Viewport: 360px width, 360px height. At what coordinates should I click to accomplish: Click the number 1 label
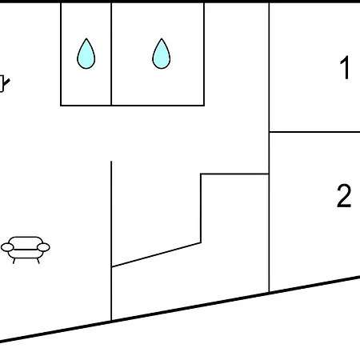345,67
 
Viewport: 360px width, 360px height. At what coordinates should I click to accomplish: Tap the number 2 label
344,195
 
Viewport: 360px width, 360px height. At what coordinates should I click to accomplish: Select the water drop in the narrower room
86,54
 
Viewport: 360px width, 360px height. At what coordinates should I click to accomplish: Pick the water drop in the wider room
162,54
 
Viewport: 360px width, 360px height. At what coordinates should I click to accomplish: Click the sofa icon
26,250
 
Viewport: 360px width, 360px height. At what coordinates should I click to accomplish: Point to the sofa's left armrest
7,247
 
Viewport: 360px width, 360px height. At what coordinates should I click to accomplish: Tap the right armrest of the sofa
43,247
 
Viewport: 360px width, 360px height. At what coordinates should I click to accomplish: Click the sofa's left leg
14,261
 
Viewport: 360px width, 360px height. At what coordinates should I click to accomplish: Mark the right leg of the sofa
38,261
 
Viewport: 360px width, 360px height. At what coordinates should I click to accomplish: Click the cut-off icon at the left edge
3,83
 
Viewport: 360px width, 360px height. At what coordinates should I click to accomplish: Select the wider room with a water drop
158,86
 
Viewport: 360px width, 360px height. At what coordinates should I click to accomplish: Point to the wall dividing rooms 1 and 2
314,132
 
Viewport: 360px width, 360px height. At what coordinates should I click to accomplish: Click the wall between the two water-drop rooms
111,54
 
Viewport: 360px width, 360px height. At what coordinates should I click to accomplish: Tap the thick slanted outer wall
180,310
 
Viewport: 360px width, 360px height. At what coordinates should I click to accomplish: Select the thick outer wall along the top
180,2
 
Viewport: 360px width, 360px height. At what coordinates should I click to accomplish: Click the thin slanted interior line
156,254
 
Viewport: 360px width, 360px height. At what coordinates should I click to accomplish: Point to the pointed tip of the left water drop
86,38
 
